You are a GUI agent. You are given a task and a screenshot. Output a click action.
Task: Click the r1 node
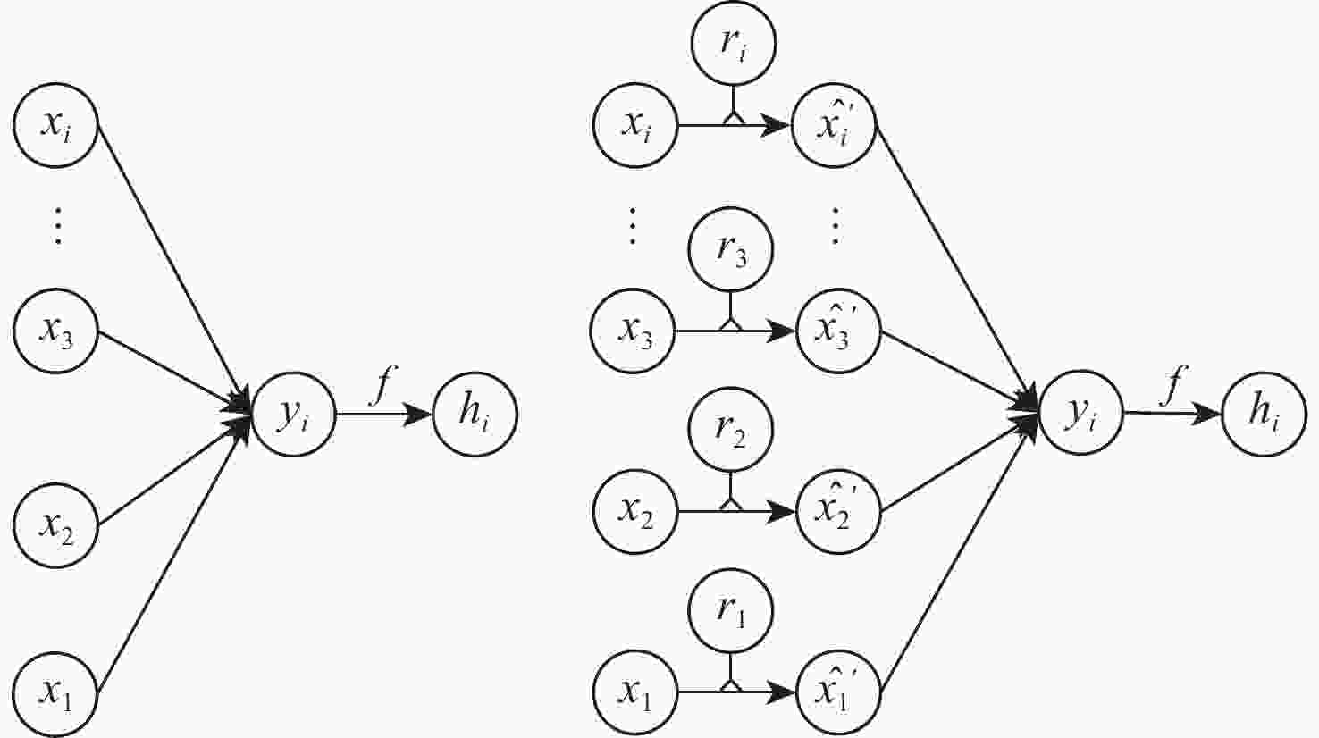pos(731,612)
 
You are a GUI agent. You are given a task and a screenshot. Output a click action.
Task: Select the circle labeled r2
pos(731,430)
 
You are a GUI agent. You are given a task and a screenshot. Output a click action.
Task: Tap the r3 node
pos(731,250)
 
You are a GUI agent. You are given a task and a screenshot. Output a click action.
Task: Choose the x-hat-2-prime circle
pos(837,512)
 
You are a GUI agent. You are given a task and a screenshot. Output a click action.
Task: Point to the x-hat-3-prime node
pos(837,331)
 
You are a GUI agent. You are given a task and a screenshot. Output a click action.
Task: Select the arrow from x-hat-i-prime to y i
pos(956,268)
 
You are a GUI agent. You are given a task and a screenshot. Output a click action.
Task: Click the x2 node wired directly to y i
pos(55,525)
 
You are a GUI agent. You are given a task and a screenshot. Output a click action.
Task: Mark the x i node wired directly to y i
pos(55,126)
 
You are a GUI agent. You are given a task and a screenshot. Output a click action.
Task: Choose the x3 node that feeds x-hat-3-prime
pos(633,331)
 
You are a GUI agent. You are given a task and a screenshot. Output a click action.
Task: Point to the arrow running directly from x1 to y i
pos(170,558)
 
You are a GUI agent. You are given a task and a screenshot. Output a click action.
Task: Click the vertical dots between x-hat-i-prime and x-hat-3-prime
pos(836,227)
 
